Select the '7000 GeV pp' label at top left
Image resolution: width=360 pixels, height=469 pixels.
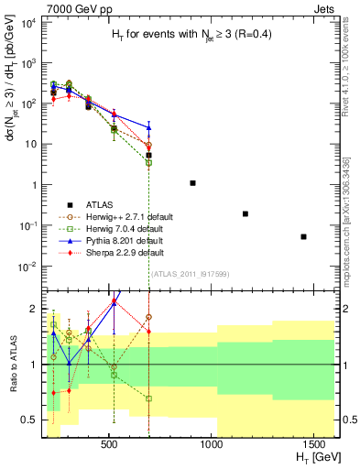tap(37, 8)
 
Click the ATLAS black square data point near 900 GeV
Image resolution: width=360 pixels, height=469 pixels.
tap(192, 183)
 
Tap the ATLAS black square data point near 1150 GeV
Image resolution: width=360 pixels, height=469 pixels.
tap(245, 213)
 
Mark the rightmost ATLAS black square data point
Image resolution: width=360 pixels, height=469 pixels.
tap(303, 236)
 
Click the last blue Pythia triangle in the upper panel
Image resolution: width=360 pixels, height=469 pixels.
tap(148, 126)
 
